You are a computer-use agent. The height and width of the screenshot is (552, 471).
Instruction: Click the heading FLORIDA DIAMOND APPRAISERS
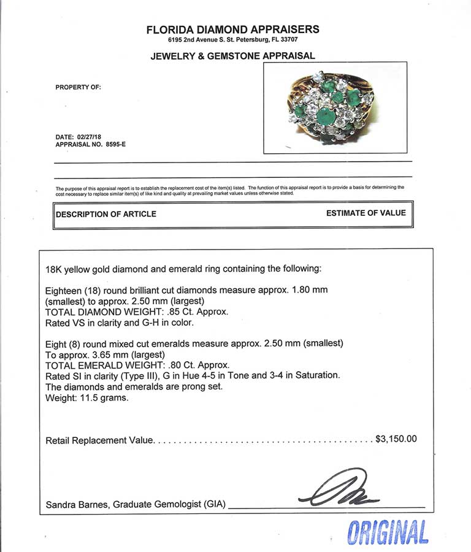(x=232, y=29)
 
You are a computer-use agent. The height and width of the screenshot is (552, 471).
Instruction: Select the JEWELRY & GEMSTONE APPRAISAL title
(x=232, y=56)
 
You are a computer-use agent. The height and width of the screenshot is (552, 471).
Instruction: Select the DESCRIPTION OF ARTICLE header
(x=106, y=214)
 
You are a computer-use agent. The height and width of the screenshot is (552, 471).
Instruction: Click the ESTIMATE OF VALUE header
(x=366, y=213)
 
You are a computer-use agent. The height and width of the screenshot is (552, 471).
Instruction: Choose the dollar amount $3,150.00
(x=396, y=439)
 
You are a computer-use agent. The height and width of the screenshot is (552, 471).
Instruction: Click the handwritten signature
(x=334, y=489)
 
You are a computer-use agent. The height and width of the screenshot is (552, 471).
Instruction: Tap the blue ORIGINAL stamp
(x=388, y=532)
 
